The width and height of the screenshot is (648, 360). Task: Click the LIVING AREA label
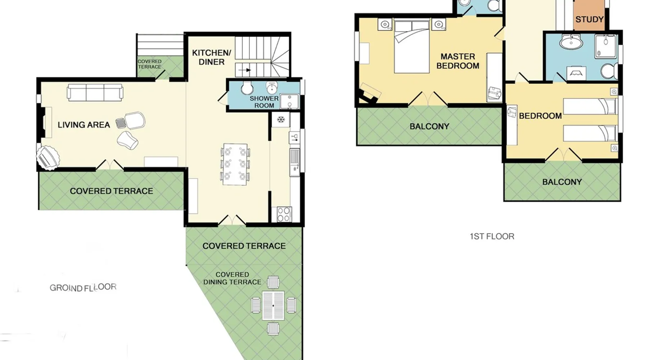coord(84,125)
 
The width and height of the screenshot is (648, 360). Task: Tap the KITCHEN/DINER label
coord(211,57)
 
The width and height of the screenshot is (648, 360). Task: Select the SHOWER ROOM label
coord(264,102)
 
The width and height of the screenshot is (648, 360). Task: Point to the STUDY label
coord(589,19)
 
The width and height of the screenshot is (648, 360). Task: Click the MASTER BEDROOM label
coord(458,61)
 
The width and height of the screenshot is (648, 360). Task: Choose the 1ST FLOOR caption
coord(492,237)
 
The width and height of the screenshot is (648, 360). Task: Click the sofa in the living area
coord(95,93)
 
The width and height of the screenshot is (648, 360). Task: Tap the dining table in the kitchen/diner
coord(235,165)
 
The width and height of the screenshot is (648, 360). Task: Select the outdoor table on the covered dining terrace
coord(273,306)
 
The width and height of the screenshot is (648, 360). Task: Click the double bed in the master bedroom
coord(411,46)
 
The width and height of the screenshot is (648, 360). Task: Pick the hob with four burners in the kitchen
coord(284,214)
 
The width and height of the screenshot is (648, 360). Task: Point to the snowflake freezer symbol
coord(281,120)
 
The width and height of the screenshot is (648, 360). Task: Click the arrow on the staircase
coord(246,70)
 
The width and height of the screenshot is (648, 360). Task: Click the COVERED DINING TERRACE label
coord(232,278)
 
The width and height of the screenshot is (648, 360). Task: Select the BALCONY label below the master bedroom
coord(429,127)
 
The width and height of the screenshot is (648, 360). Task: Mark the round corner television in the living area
coord(48,157)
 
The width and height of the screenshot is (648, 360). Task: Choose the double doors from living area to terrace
coord(110,165)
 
